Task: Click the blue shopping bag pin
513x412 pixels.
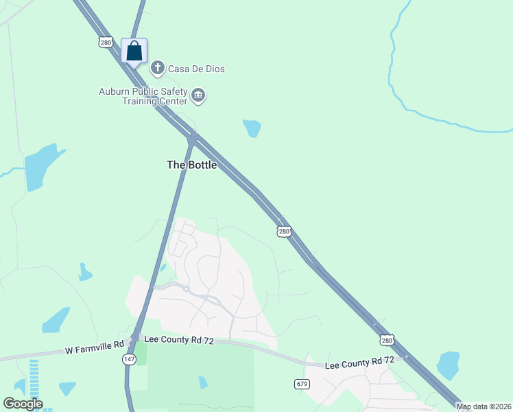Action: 134,51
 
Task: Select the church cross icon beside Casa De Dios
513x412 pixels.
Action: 158,67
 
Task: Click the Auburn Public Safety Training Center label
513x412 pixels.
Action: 143,96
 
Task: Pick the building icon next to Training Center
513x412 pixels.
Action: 198,95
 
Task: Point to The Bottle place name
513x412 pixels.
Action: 192,165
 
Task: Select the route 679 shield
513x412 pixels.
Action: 302,383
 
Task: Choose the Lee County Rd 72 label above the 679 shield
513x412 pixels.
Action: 359,361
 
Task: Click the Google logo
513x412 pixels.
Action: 23,404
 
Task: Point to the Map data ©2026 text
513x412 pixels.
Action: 484,407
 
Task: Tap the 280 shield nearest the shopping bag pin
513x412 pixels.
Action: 105,43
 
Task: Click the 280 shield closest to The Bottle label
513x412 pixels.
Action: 284,231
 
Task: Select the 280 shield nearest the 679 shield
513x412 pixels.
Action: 387,340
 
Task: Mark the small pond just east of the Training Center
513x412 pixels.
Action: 252,128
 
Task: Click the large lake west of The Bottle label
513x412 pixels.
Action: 41,167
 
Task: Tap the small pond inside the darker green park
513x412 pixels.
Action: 202,382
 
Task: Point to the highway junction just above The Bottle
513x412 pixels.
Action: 193,137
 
